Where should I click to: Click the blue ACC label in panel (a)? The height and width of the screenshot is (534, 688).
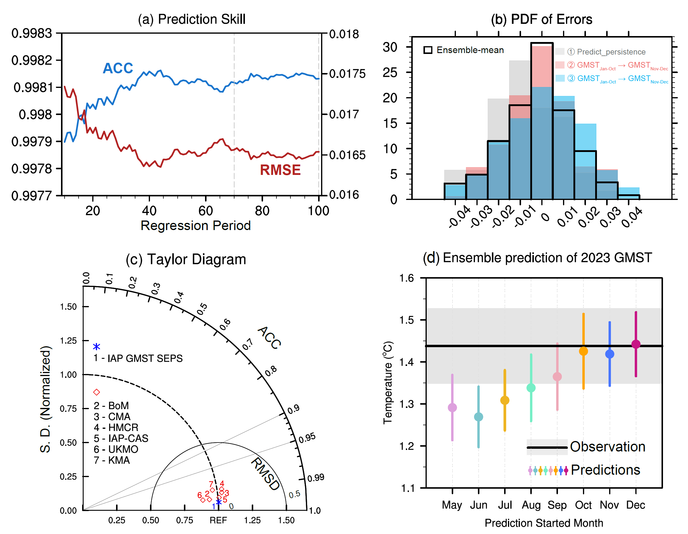point(118,68)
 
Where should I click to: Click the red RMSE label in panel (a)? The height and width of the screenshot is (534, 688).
point(280,170)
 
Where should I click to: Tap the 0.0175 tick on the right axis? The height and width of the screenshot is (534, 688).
point(347,74)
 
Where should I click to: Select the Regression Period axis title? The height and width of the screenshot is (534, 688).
point(195,226)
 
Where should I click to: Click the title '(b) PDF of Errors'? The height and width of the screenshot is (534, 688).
point(541,19)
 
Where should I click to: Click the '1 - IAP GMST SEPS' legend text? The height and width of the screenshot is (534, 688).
point(138,358)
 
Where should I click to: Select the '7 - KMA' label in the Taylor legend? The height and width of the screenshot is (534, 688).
point(112,460)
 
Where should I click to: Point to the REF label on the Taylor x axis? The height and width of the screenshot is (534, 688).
point(218,520)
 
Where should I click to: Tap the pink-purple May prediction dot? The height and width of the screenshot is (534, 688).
point(452,408)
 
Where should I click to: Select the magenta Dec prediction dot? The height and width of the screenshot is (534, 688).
point(636,344)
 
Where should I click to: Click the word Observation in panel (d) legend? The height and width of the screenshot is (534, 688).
point(607,447)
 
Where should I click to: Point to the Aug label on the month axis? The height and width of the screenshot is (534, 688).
point(531,505)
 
